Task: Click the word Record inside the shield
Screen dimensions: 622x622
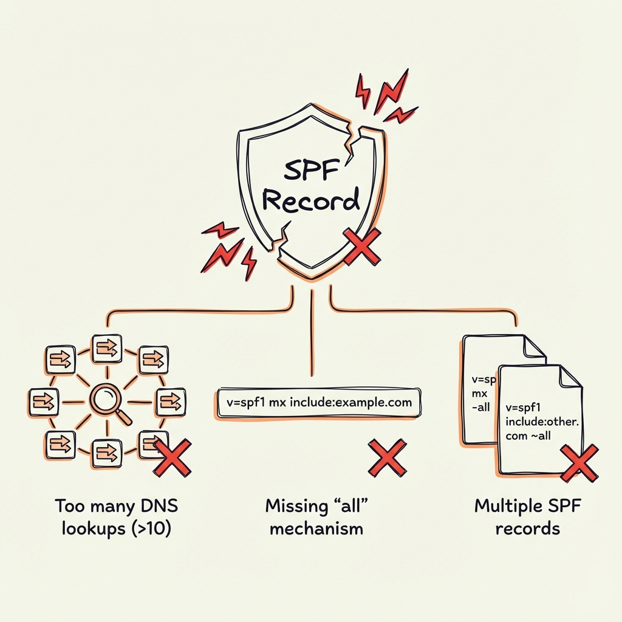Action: click(x=312, y=200)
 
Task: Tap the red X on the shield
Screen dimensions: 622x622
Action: click(x=363, y=247)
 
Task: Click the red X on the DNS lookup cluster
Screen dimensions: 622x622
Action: click(x=171, y=457)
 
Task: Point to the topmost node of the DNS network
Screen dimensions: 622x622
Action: click(x=107, y=347)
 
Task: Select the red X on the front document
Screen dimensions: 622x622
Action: click(x=579, y=463)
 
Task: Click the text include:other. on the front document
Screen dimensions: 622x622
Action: click(x=535, y=422)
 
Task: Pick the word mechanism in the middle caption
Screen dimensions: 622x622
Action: click(x=316, y=528)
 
